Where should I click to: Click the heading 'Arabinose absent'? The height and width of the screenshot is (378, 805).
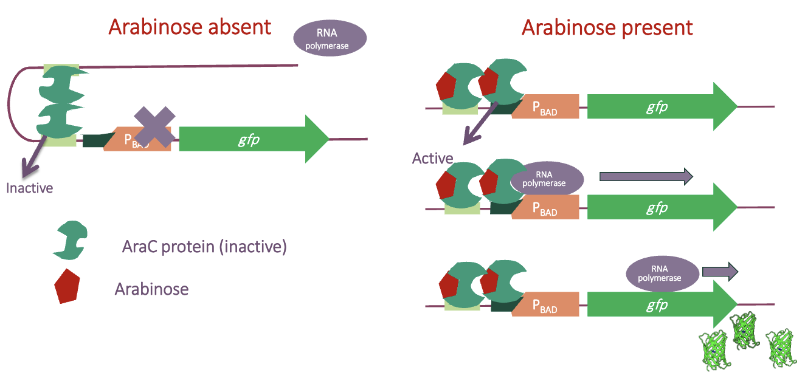(x=189, y=27)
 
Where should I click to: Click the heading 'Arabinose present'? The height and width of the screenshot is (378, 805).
(x=607, y=27)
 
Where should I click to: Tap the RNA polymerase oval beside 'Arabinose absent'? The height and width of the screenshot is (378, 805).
(x=330, y=38)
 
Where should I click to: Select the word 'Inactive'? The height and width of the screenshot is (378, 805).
(x=30, y=188)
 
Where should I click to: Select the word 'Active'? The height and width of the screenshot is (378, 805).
(x=432, y=159)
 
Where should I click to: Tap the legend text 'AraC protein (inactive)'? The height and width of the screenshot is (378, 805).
(x=204, y=247)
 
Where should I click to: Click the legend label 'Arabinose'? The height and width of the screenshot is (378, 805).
(x=151, y=289)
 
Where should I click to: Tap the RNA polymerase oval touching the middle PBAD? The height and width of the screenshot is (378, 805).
(x=547, y=179)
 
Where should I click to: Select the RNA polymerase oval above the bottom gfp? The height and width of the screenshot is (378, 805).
(x=660, y=273)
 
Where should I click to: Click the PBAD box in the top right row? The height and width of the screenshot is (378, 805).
(x=545, y=107)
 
